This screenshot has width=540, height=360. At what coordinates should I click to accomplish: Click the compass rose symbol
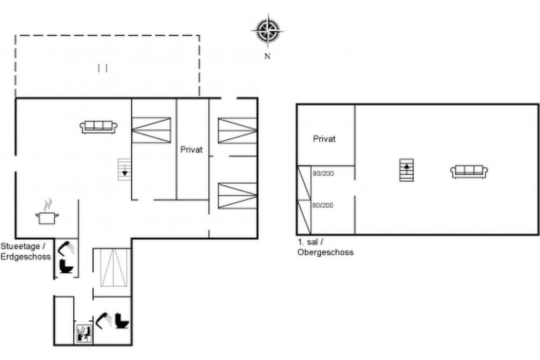(x=267, y=31)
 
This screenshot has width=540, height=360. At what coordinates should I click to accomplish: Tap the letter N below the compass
(x=267, y=56)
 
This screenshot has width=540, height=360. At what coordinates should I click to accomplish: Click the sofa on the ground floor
(x=99, y=127)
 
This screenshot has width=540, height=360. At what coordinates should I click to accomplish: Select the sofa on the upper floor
(x=469, y=171)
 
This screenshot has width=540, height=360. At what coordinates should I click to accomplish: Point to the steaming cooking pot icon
(x=47, y=212)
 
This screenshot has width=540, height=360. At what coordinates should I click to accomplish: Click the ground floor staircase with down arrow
(x=124, y=169)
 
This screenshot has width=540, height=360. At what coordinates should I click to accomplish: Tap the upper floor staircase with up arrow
(x=406, y=170)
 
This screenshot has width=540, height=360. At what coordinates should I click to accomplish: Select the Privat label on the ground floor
(x=192, y=150)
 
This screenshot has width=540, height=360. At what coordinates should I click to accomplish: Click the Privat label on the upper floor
(x=324, y=139)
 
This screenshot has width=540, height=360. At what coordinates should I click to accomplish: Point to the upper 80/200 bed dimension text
(x=323, y=173)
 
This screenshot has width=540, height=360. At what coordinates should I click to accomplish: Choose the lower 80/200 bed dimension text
(x=323, y=205)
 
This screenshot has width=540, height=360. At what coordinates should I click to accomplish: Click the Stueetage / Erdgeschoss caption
(x=25, y=252)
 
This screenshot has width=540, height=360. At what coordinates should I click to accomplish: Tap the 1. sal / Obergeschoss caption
(x=325, y=247)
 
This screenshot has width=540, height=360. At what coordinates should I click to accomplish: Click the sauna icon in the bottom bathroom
(x=84, y=333)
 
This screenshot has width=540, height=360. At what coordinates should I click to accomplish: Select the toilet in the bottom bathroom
(x=122, y=320)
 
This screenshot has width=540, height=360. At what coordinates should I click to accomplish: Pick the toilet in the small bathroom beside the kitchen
(x=66, y=266)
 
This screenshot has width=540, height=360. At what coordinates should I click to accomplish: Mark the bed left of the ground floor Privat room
(x=152, y=130)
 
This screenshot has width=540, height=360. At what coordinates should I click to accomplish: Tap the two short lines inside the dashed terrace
(x=103, y=68)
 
